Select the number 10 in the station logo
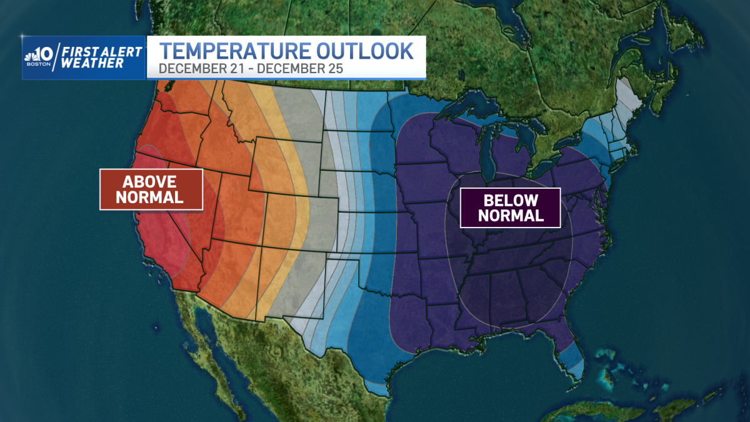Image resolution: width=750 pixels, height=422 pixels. coord(44,54)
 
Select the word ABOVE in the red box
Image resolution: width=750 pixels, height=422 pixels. coord(150,182)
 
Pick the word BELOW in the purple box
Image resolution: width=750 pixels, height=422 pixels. coord(510,201)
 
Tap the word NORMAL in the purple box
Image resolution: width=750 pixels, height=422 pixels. coord(510,216)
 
